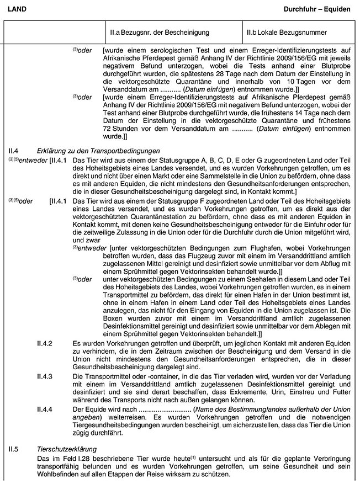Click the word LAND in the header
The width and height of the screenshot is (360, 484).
(x=15, y=9)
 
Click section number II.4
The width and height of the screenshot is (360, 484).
(x=14, y=150)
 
